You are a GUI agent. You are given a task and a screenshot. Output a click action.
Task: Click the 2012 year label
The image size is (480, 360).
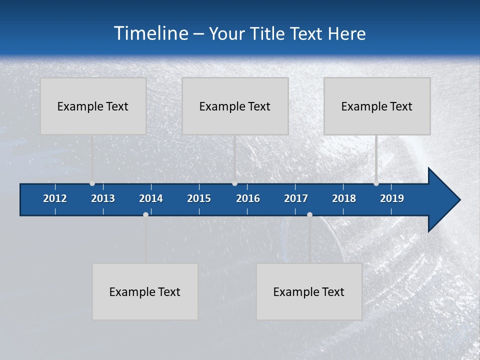[x=55, y=198]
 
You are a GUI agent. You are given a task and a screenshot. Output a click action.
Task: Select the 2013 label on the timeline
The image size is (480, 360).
[x=103, y=198]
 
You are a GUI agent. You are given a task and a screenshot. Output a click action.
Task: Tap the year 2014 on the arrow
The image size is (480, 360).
[x=151, y=198]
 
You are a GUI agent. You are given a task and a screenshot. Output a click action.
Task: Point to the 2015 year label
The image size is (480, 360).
[x=199, y=198]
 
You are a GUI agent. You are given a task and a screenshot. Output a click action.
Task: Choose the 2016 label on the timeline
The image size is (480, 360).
[x=248, y=198]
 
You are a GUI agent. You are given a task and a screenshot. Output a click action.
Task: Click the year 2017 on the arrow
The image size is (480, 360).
[x=296, y=198]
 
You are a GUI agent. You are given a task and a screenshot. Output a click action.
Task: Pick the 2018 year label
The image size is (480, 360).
[x=344, y=198]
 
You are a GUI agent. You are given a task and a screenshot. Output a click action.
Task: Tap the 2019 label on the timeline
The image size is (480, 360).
[x=392, y=198]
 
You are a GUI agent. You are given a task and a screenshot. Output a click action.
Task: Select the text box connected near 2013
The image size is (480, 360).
[x=93, y=106]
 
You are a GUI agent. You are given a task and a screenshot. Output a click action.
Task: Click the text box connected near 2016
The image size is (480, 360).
[x=235, y=106]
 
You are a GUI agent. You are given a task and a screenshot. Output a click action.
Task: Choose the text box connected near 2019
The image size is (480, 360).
[x=377, y=106]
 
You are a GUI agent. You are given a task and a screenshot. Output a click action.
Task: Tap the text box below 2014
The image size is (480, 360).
[x=145, y=291]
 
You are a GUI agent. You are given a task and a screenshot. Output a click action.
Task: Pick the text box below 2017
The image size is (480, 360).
[x=309, y=291]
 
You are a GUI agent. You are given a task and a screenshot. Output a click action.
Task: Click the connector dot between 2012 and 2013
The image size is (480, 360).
[x=92, y=183]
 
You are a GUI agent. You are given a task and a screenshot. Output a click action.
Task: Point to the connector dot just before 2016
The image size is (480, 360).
[x=234, y=183]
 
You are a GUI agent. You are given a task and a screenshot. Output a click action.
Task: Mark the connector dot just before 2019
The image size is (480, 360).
[x=376, y=183]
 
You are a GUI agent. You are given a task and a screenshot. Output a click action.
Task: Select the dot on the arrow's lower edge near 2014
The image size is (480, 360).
[x=145, y=214]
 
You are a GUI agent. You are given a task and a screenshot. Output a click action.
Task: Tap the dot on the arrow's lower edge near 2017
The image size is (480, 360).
[x=309, y=214]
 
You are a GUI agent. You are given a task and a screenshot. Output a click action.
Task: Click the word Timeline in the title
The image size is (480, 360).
[x=151, y=33]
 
